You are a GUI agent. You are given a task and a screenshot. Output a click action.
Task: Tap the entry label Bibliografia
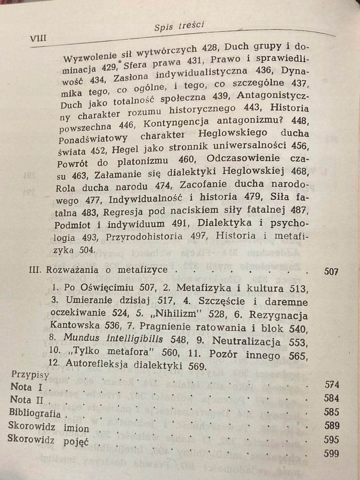[37, 414]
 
